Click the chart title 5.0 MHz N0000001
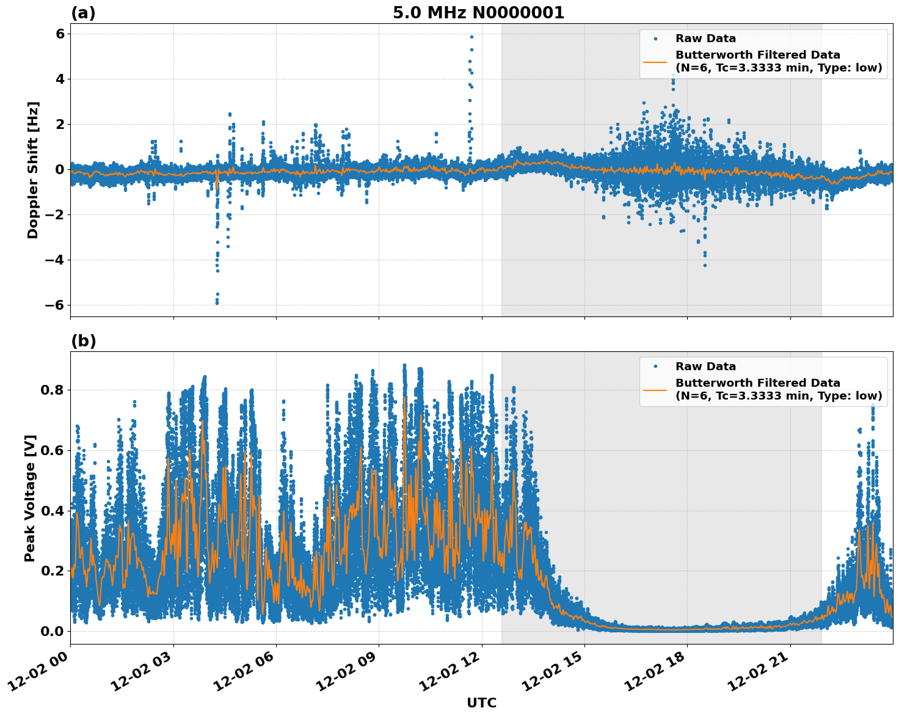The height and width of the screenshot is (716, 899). pos(478,13)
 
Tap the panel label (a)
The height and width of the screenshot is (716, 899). pos(83,13)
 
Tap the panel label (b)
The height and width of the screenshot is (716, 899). pos(83,341)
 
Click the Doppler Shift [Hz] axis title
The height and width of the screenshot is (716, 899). pos(33,170)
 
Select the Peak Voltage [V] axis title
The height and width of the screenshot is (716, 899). pos(30,498)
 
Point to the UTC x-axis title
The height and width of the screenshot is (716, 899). pos(481,703)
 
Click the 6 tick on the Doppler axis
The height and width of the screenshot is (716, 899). pos(59,34)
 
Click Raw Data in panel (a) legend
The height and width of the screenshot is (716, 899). pos(705,39)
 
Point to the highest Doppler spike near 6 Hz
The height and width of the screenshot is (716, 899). pos(471,37)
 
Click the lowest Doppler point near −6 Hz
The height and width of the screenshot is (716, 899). pos(217,302)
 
